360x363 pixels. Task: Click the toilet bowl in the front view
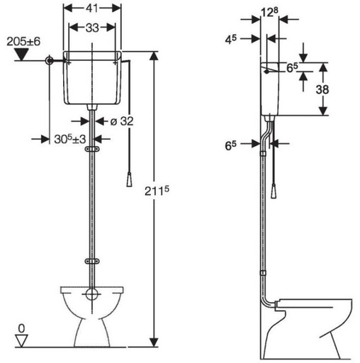point(91,312)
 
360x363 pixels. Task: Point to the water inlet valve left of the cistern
point(49,62)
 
